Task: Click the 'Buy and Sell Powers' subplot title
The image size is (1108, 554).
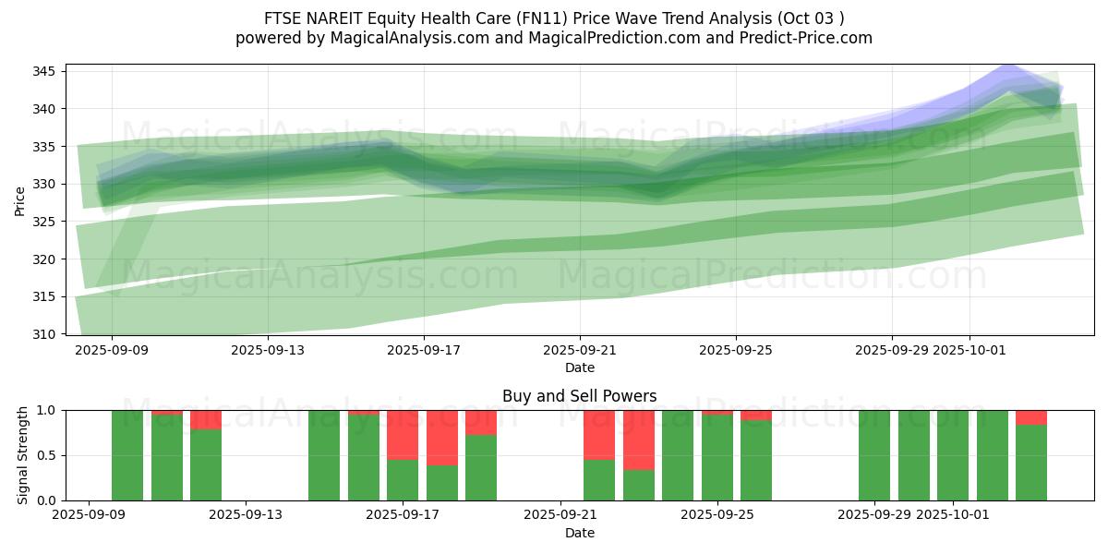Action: point(579,396)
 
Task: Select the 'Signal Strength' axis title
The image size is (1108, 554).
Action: point(24,455)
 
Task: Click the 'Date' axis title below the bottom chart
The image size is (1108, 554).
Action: point(579,533)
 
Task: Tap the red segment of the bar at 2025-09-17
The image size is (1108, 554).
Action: point(403,434)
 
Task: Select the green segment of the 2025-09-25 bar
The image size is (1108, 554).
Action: point(717,457)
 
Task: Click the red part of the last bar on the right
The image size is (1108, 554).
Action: point(1031,416)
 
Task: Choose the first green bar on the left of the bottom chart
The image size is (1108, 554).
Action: point(127,455)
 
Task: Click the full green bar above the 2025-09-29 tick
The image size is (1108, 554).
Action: point(874,455)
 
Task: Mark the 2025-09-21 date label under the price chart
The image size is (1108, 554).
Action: point(579,350)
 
